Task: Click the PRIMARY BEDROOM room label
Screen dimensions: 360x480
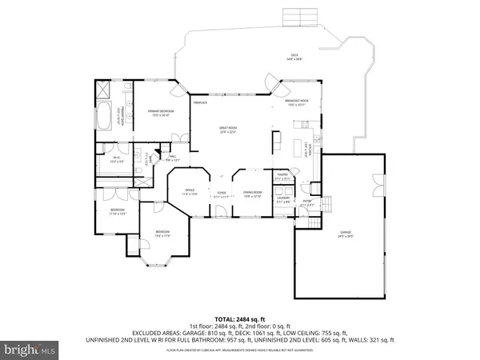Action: [x=162, y=112]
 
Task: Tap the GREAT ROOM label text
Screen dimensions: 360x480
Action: [x=229, y=131]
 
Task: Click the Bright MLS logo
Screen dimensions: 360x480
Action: [x=30, y=350]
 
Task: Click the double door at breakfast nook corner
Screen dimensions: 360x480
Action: [x=274, y=81]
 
